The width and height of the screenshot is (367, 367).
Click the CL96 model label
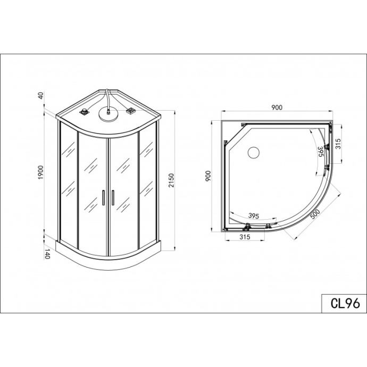pyautogui.click(x=345, y=303)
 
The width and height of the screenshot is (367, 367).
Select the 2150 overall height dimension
pyautogui.click(x=172, y=180)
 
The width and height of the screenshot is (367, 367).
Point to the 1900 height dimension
pyautogui.click(x=41, y=172)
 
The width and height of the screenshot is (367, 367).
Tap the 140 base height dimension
pyautogui.click(x=47, y=254)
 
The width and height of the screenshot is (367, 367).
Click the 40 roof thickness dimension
pyautogui.click(x=41, y=96)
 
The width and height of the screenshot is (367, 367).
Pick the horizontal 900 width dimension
pyautogui.click(x=277, y=107)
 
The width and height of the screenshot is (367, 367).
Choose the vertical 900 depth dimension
pyautogui.click(x=208, y=176)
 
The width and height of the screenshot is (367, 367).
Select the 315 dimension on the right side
pyautogui.click(x=338, y=144)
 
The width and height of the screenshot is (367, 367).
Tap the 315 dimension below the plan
pyautogui.click(x=245, y=237)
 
